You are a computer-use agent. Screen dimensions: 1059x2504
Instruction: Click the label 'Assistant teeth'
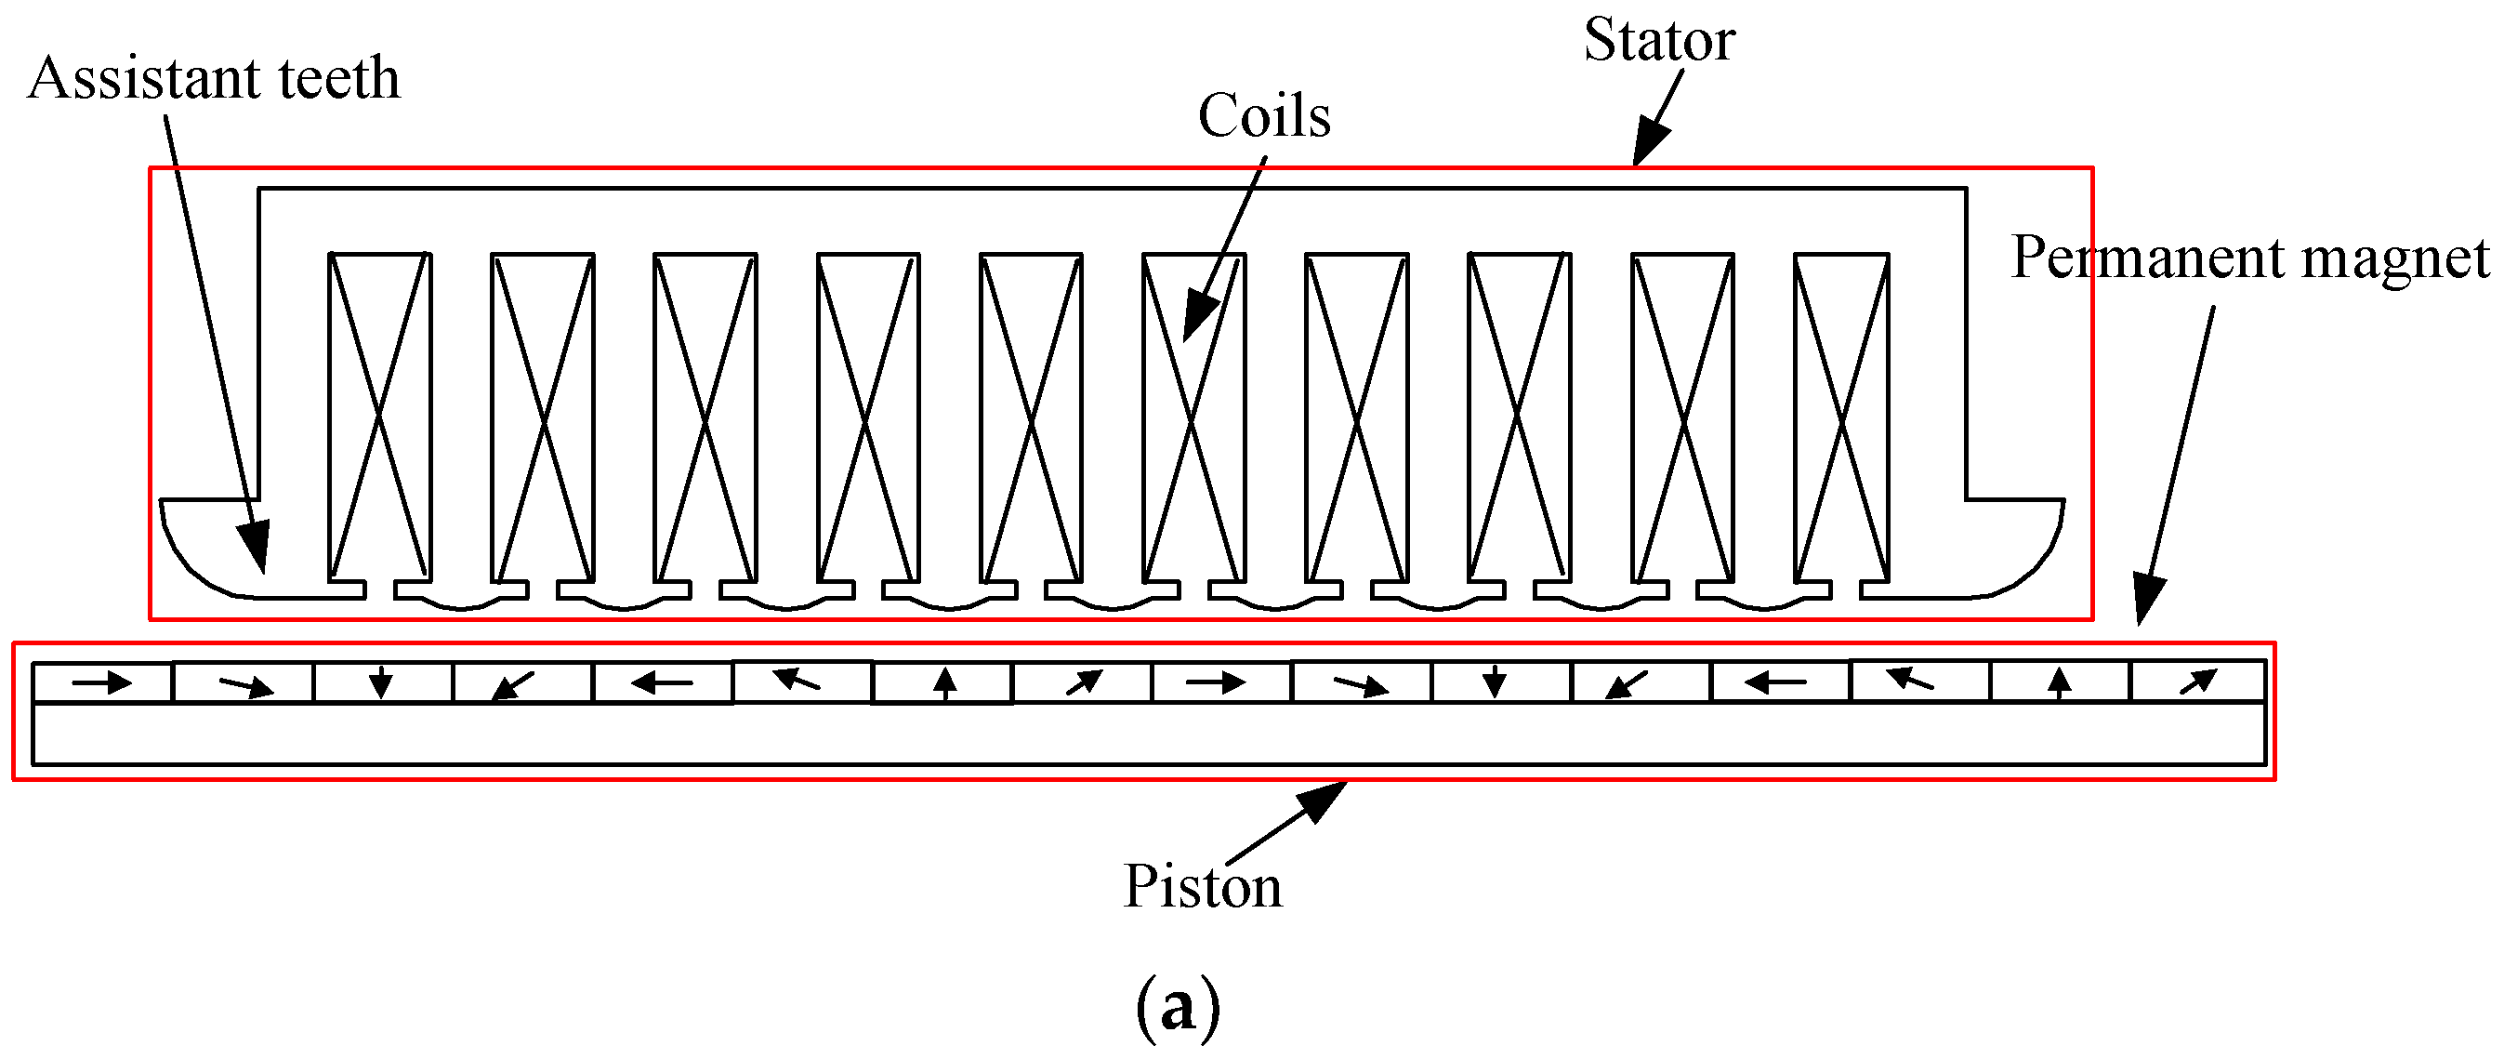(x=214, y=78)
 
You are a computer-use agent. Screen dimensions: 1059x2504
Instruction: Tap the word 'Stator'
(x=1658, y=41)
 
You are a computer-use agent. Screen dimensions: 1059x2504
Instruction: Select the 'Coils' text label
(x=1263, y=117)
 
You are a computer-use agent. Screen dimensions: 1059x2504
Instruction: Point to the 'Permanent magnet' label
(x=2249, y=258)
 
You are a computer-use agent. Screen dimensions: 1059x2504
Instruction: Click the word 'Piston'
(x=1202, y=886)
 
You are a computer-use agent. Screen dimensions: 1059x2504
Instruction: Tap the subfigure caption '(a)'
(x=1176, y=1008)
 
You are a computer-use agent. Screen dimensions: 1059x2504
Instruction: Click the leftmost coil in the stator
(x=379, y=417)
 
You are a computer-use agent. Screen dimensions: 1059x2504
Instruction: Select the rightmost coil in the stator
(x=1840, y=417)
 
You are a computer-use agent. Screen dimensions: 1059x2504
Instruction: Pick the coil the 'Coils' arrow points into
(x=1193, y=417)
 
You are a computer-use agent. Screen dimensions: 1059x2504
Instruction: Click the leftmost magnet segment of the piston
(x=102, y=682)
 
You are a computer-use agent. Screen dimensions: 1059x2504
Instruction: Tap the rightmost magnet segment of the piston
(x=2197, y=681)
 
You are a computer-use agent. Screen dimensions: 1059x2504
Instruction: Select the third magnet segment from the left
(x=382, y=682)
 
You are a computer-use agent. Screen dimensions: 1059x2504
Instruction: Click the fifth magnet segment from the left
(x=662, y=682)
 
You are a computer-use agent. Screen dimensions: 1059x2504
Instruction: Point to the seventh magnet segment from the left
(x=942, y=682)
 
